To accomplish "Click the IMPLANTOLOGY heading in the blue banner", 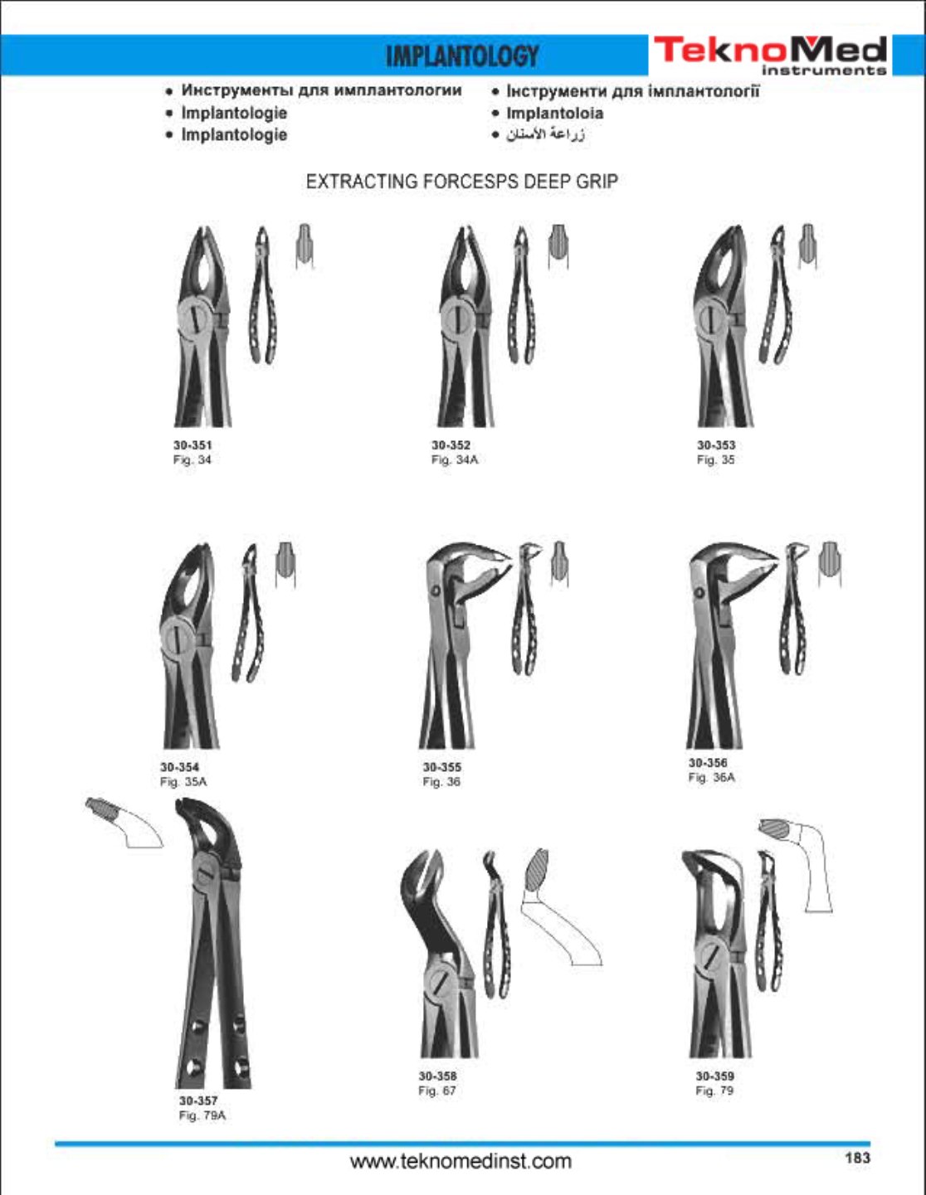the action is [462, 56].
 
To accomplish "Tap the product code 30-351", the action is [193, 444].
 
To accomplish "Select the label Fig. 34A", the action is [455, 459].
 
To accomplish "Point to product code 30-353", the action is [716, 444].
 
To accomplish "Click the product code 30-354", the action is [179, 766].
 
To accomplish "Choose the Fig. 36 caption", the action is [441, 781].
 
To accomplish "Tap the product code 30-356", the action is [708, 762].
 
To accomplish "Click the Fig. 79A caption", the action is [202, 1115].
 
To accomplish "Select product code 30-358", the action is [437, 1076].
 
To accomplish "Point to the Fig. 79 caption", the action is [714, 1091].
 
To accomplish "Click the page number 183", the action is [858, 1159].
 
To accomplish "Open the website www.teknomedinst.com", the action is [461, 1162].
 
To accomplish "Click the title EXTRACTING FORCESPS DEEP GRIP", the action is [462, 182].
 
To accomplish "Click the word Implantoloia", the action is [554, 114].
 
